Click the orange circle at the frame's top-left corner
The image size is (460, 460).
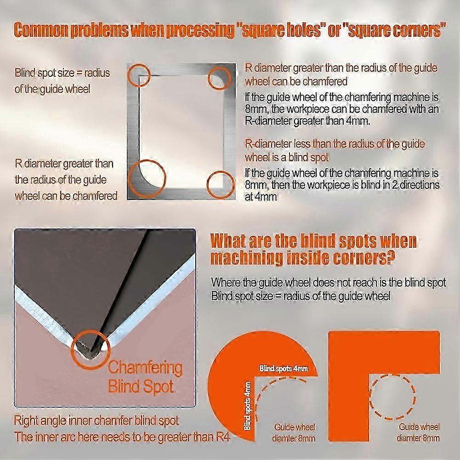(129, 75)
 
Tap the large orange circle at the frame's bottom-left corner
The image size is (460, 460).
(130, 178)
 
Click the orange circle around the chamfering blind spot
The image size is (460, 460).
(72, 349)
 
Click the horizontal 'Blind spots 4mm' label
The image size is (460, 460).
(284, 368)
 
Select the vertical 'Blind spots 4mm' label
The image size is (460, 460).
(247, 406)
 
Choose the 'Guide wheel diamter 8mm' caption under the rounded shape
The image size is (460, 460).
(294, 433)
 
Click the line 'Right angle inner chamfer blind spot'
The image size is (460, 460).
(96, 421)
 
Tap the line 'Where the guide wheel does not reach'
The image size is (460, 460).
(328, 282)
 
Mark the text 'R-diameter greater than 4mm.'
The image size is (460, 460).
(307, 121)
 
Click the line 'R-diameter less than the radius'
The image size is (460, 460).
(335, 144)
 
